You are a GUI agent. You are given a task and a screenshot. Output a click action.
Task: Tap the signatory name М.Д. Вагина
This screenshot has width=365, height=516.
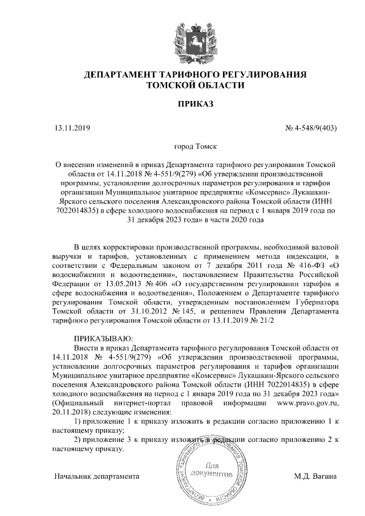(315, 475)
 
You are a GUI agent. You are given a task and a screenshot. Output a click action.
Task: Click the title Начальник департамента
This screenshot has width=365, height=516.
(96, 475)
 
